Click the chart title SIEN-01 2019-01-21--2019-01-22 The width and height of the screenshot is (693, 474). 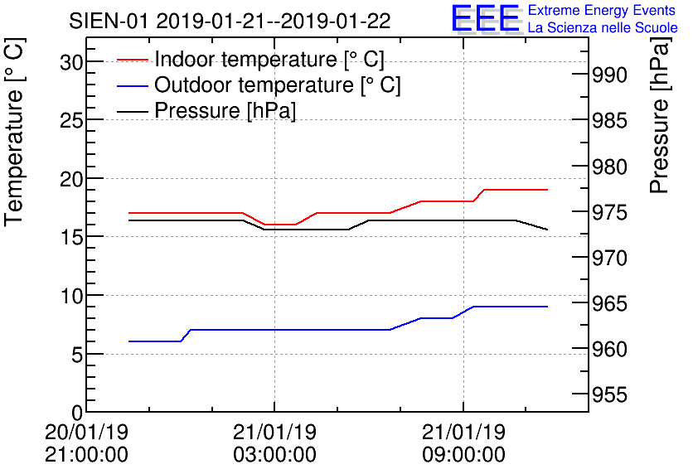230,20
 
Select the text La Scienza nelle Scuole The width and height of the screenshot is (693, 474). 602,28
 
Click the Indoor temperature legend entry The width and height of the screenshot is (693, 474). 269,60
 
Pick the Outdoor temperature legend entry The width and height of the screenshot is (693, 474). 277,85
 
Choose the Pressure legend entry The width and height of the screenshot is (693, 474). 225,109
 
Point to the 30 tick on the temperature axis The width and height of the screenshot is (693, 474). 72,63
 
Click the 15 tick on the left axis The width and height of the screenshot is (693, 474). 72,238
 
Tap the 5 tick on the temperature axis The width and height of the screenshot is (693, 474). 77,355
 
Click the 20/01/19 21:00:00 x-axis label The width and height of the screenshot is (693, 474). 86,443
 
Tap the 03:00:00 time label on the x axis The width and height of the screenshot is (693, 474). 274,455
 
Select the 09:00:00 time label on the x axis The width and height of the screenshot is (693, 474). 463,455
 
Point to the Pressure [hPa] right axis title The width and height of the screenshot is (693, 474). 660,128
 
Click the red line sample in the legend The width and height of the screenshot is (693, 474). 133,60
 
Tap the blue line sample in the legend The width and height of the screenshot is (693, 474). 133,85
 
